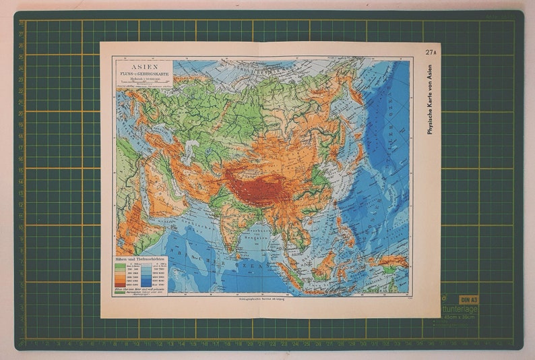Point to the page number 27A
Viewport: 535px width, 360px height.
[x=430, y=52]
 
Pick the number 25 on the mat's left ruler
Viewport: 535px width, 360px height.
[x=22, y=69]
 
